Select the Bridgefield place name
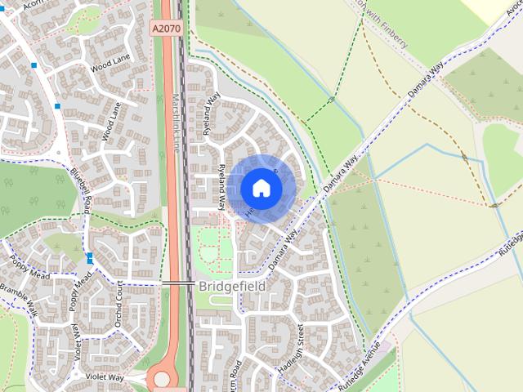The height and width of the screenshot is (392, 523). point(231,287)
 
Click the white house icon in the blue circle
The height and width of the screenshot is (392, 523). point(261,188)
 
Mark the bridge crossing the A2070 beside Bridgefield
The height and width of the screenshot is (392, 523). point(177,283)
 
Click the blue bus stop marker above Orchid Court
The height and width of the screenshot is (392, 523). point(89,258)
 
